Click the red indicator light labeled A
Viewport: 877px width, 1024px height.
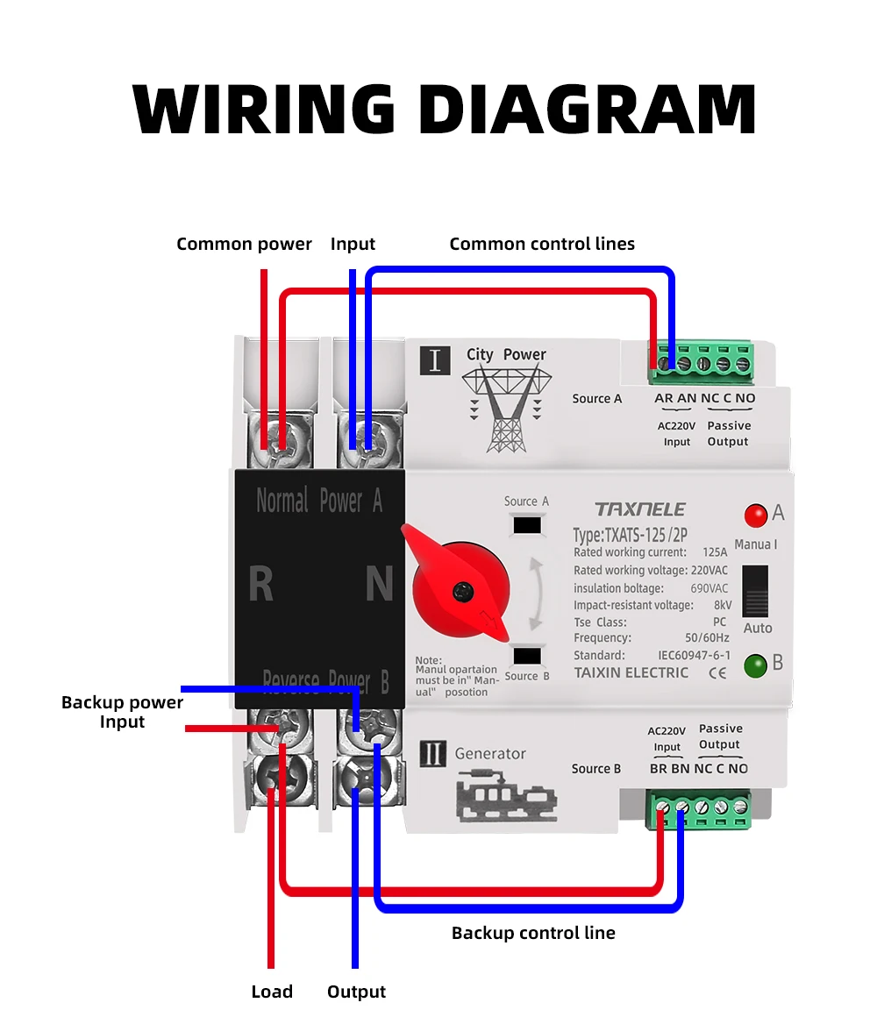click(x=755, y=516)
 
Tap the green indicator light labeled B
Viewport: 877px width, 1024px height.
click(x=755, y=666)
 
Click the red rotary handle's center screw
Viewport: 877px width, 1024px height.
click(x=463, y=592)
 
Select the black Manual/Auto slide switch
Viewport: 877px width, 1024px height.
click(x=755, y=591)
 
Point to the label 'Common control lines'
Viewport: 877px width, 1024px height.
click(x=542, y=245)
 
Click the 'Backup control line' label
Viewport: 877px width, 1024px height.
click(x=533, y=933)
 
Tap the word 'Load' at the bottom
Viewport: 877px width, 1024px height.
click(x=272, y=992)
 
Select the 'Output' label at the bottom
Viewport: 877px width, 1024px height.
click(x=356, y=992)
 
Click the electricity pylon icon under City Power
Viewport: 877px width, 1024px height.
click(x=506, y=409)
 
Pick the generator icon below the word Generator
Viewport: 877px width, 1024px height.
click(x=506, y=795)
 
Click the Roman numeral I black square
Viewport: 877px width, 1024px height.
click(x=435, y=360)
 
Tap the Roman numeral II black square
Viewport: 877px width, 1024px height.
click(x=432, y=754)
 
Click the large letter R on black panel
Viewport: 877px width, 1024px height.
click(x=260, y=583)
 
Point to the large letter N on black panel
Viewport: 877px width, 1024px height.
click(x=379, y=583)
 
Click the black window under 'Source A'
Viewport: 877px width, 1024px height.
click(x=527, y=525)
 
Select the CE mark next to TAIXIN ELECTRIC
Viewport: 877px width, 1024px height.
click(x=717, y=673)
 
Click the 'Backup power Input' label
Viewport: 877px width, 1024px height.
click(x=122, y=712)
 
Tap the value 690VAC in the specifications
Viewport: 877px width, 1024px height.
click(x=709, y=588)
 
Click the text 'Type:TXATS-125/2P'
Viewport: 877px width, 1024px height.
click(x=630, y=536)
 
